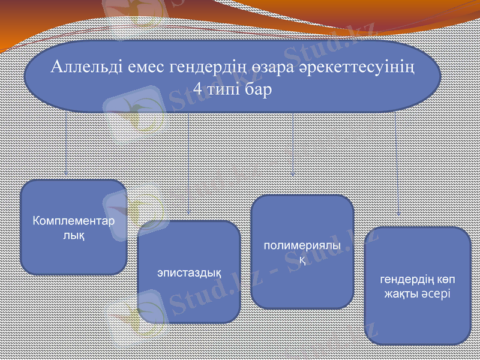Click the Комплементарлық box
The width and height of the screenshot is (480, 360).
pyautogui.click(x=73, y=227)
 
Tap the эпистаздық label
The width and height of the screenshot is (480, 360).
pyautogui.click(x=190, y=273)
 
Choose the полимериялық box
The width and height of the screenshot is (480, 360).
pyautogui.click(x=302, y=252)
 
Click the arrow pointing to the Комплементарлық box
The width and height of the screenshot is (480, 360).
pyautogui.click(x=66, y=144)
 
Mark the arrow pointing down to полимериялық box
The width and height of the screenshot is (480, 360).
pyautogui.click(x=293, y=144)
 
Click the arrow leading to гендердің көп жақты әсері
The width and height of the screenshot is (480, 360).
pyautogui.click(x=398, y=162)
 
